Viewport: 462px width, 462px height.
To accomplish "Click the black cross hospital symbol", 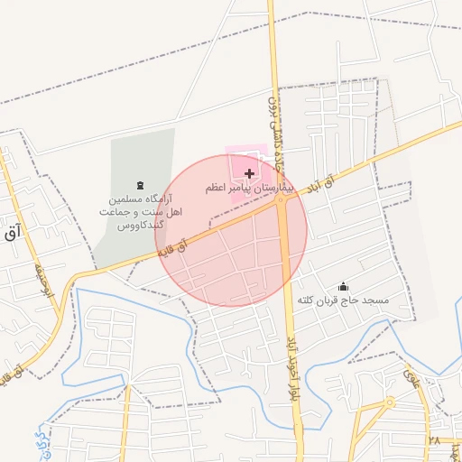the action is [249, 172].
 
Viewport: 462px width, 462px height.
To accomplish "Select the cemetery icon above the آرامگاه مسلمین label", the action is [139, 184].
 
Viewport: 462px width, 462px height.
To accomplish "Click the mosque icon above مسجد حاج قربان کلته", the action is [342, 286].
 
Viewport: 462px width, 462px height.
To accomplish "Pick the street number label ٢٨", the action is [435, 442].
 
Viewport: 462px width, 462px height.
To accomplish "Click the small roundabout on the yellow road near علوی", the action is [390, 402].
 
